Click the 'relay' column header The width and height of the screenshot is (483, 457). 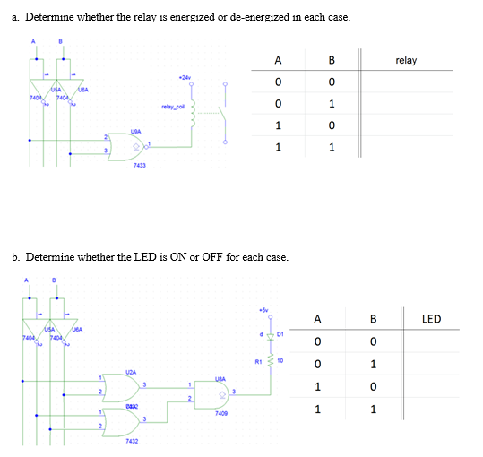405,61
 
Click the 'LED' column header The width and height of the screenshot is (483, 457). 430,319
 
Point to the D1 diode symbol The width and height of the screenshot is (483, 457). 266,337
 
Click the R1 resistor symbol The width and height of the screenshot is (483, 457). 266,362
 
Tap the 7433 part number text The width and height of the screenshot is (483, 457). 139,166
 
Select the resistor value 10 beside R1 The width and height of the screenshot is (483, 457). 280,361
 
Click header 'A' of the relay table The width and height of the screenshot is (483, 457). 279,61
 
